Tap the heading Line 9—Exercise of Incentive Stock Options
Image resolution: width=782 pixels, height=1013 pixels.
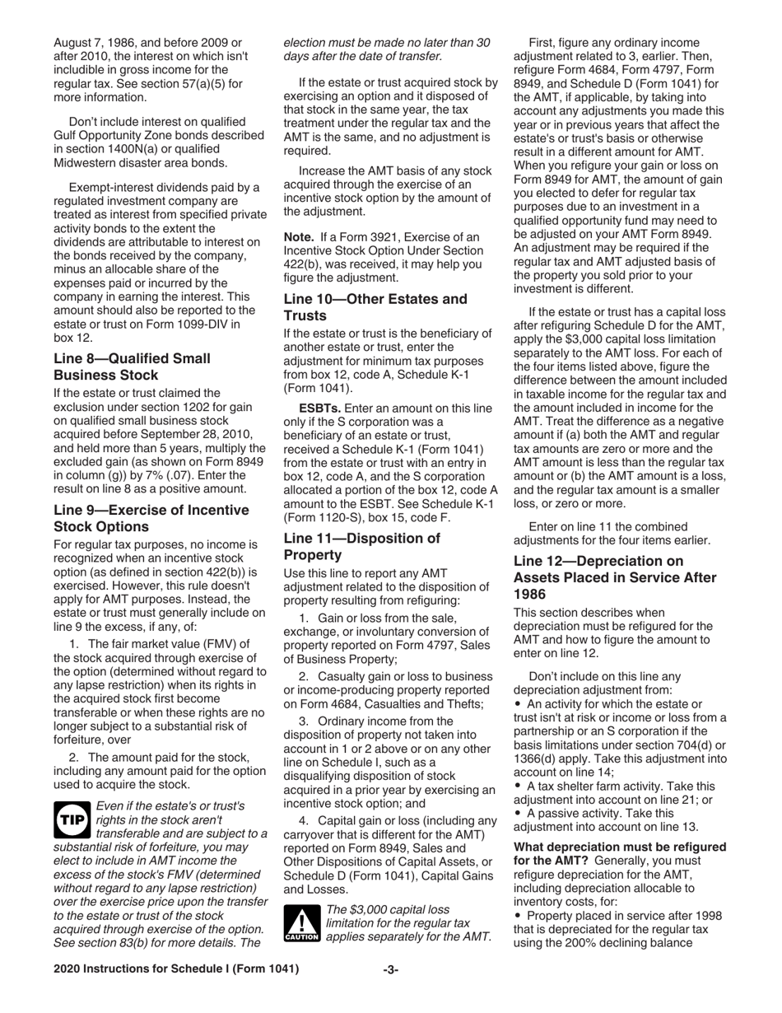pos(151,518)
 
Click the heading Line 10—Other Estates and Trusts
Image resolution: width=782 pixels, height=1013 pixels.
pos(375,307)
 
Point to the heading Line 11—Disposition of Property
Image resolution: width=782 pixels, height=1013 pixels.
pos(361,546)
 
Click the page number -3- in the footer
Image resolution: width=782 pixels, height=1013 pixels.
pos(391,992)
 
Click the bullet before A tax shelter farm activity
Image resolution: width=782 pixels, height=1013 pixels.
pos(518,787)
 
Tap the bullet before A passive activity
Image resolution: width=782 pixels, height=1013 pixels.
pos(518,815)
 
